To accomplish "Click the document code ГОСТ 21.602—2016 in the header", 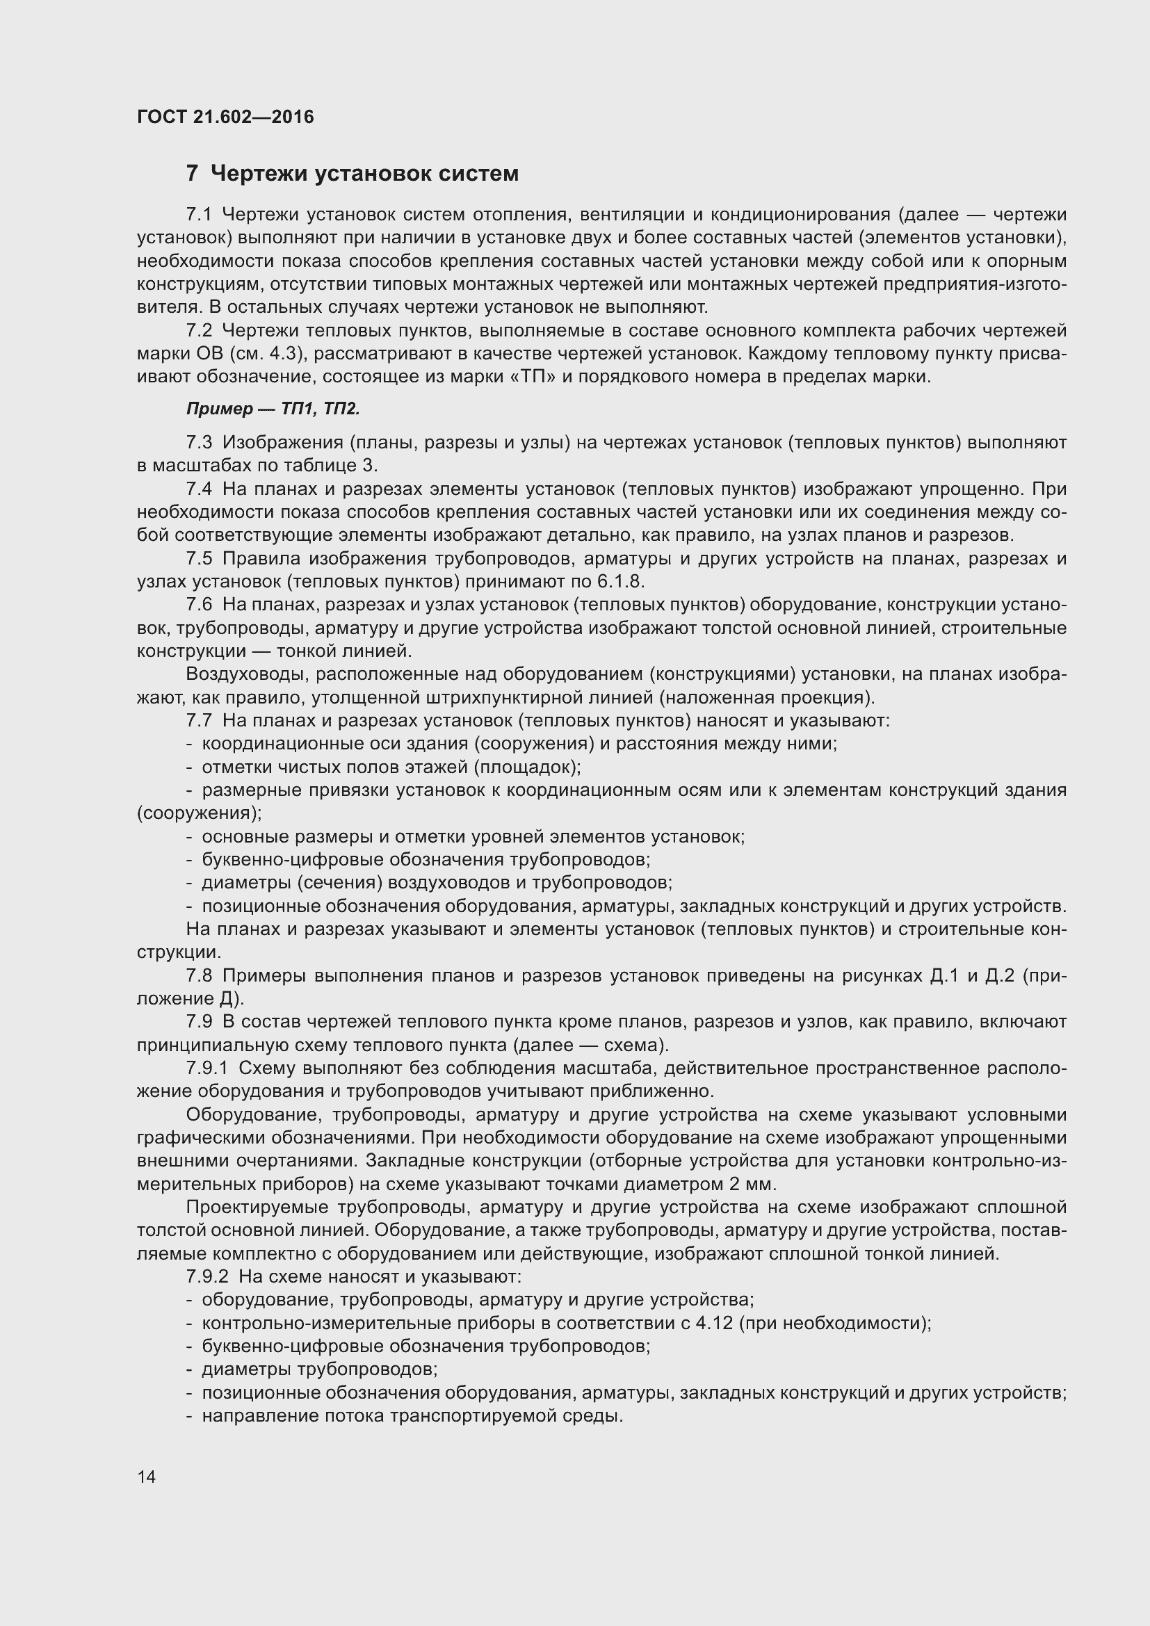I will click(x=225, y=117).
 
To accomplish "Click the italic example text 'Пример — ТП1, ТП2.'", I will click(x=273, y=409).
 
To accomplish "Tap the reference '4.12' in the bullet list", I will click(x=714, y=1323).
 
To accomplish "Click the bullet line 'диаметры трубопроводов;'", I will click(x=319, y=1369).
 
